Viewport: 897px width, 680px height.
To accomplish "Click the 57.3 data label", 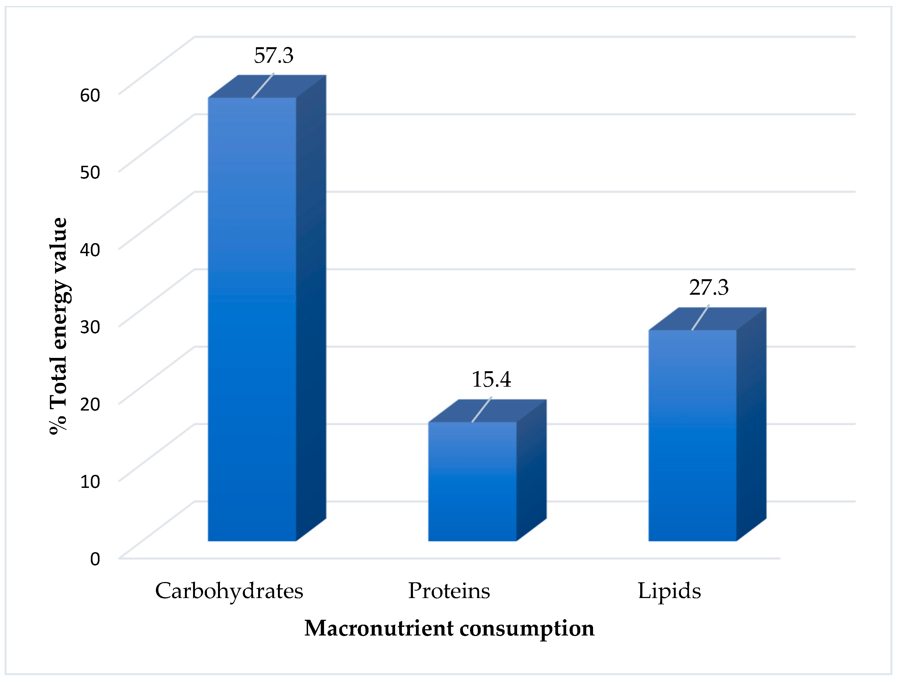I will tap(274, 56).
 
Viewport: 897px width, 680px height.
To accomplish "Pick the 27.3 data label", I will tap(709, 288).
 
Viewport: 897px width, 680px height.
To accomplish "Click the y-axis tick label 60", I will tap(90, 95).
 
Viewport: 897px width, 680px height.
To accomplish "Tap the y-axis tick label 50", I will tap(90, 172).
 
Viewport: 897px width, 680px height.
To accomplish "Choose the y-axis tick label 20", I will tap(90, 404).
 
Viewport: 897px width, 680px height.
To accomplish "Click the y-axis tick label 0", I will tap(95, 559).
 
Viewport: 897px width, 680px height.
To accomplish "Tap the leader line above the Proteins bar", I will tap(482, 409).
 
